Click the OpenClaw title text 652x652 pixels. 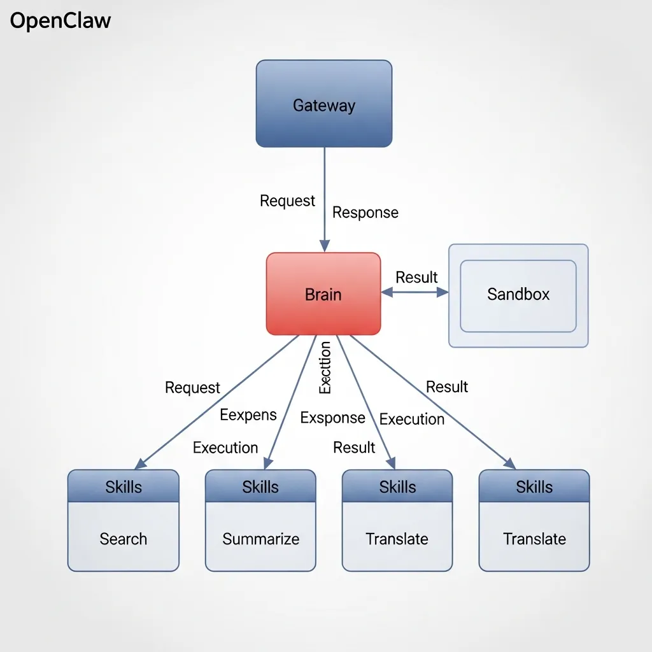pos(60,21)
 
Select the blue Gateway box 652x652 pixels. pos(323,104)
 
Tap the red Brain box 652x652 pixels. pos(323,294)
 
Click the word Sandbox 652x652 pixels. pos(518,294)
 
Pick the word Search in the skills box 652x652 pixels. pos(123,539)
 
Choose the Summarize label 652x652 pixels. pos(260,539)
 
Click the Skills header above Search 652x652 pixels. pos(123,487)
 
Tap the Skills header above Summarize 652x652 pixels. pos(260,487)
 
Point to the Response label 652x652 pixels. pos(365,213)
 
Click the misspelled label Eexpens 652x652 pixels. pos(248,415)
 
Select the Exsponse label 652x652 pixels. pos(332,418)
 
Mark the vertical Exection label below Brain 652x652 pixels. pos(325,368)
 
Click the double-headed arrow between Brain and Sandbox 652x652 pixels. pos(415,292)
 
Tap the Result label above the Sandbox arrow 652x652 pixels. pos(416,277)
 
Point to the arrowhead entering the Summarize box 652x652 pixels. pos(268,464)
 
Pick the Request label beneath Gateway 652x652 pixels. pos(287,201)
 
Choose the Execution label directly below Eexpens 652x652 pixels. pos(225,448)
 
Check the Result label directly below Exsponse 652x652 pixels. pos(354,448)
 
